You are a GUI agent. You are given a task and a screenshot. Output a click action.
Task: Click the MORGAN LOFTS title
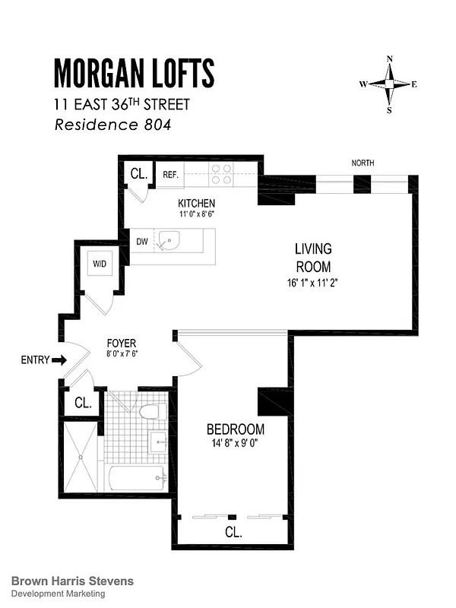pos(134,73)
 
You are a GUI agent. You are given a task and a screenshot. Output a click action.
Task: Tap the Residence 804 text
pos(112,125)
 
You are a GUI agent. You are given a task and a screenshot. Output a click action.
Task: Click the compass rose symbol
pos(390,84)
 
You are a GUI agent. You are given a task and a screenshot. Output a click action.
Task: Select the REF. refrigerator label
pos(170,175)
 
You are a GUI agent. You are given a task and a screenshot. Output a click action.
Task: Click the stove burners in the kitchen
pos(221,175)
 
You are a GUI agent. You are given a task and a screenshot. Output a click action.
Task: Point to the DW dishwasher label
pos(141,242)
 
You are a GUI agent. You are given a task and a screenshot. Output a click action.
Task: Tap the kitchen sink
pos(169,243)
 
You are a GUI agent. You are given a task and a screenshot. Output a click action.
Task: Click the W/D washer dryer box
pos(100,264)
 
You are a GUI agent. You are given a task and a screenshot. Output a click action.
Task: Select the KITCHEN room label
pos(197,204)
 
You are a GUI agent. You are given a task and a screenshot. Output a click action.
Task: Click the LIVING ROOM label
pos(313,258)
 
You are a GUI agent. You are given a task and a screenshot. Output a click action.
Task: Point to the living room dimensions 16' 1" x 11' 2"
pos(312,283)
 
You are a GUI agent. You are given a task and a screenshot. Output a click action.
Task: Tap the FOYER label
pos(121,343)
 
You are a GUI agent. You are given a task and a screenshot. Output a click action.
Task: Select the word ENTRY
pos(35,359)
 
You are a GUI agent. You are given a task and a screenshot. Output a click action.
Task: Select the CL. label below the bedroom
pos(233,533)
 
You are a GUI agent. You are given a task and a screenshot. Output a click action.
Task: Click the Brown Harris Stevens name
pos(73,581)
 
